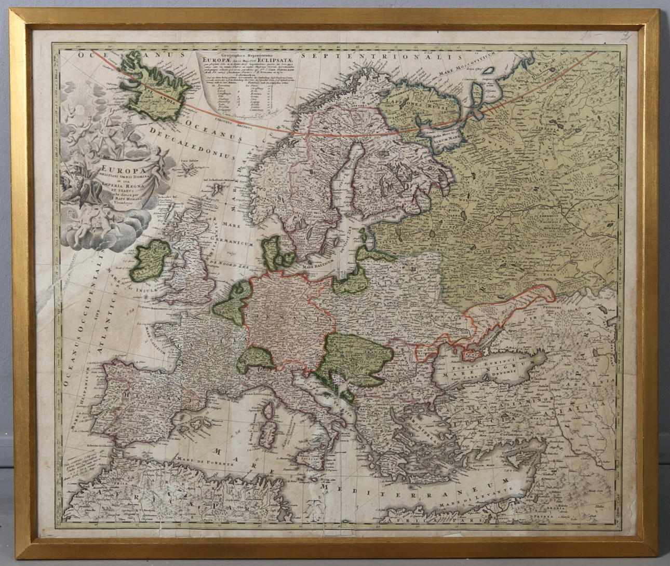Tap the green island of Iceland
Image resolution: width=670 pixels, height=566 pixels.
point(154,89)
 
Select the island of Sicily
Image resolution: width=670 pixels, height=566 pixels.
point(309,462)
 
